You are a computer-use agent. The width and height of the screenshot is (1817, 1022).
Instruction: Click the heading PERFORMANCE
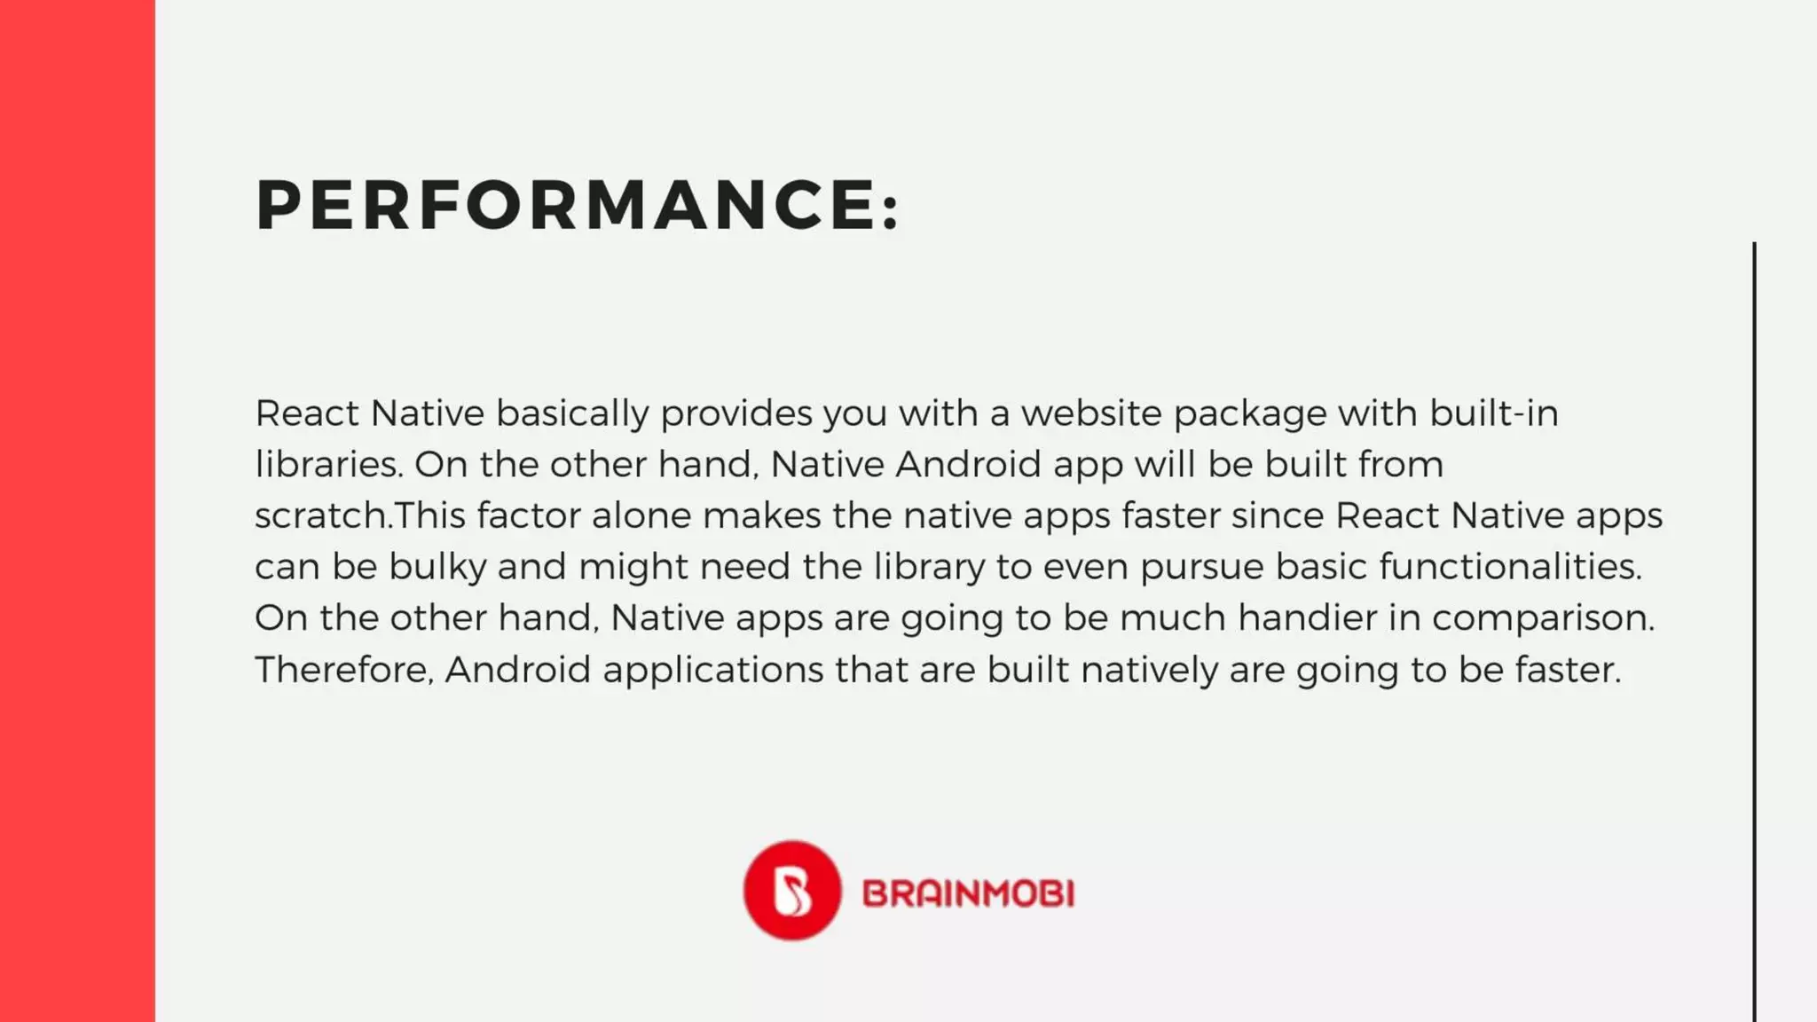point(568,205)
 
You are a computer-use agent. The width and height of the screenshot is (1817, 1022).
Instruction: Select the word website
point(1091,413)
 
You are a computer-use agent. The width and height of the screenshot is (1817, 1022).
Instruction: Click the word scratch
point(321,516)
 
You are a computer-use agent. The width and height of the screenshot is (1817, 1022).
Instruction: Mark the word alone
point(641,516)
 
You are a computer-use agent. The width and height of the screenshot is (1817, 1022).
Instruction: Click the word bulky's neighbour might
point(633,568)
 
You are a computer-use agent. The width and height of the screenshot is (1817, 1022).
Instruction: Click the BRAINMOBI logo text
point(968,893)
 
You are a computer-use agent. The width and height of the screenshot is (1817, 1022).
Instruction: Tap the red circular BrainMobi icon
point(791,891)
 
